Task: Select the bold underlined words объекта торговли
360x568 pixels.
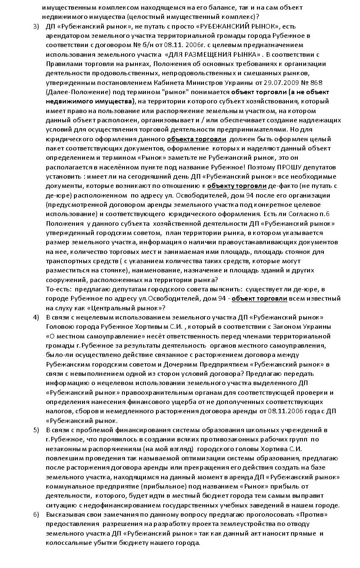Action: pos(196,139)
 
